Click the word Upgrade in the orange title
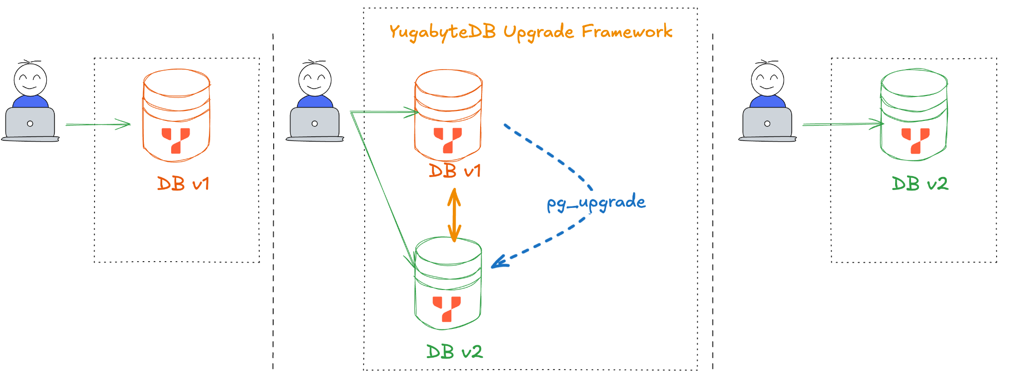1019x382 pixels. [538, 32]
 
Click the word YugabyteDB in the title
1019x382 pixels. [442, 32]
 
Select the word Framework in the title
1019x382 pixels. [627, 31]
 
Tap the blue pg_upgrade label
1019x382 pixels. [596, 203]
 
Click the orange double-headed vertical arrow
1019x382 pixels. [454, 215]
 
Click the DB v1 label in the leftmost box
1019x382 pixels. [183, 184]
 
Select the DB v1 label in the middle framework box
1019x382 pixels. [455, 171]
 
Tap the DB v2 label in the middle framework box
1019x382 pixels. [454, 352]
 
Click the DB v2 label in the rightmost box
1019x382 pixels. [919, 184]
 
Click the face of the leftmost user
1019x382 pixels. [30, 80]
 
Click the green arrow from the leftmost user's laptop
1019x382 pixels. [98, 124]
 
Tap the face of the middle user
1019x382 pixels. [315, 80]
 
